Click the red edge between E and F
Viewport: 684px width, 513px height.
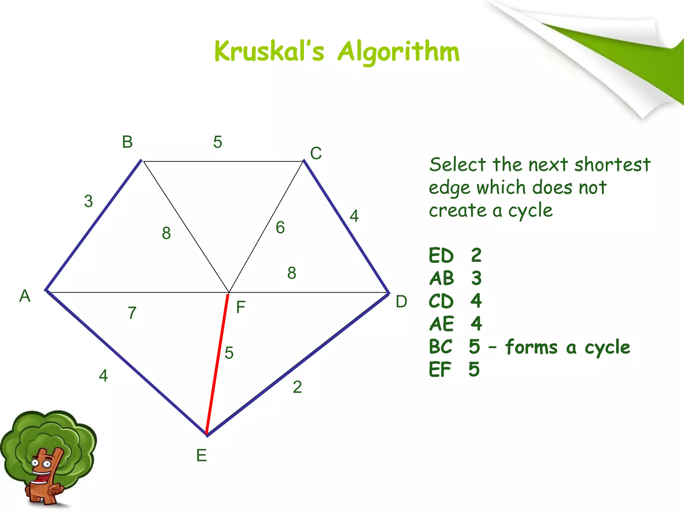pos(217,364)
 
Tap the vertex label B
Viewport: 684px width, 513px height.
pos(127,142)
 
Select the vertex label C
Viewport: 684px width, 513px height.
pos(316,154)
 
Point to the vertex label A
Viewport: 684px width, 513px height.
pos(25,296)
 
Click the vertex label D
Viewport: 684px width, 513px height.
pos(401,302)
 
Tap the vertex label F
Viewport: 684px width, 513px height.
pos(241,307)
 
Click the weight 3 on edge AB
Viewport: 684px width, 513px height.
pos(88,201)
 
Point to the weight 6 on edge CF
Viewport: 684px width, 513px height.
pos(280,228)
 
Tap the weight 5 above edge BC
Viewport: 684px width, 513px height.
pos(218,142)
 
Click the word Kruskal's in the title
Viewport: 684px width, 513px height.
pos(269,52)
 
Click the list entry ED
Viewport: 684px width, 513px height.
pos(441,256)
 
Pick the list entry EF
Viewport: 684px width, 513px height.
pos(440,370)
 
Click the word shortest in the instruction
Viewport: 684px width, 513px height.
pos(612,165)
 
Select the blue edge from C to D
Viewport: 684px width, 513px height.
pos(346,227)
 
